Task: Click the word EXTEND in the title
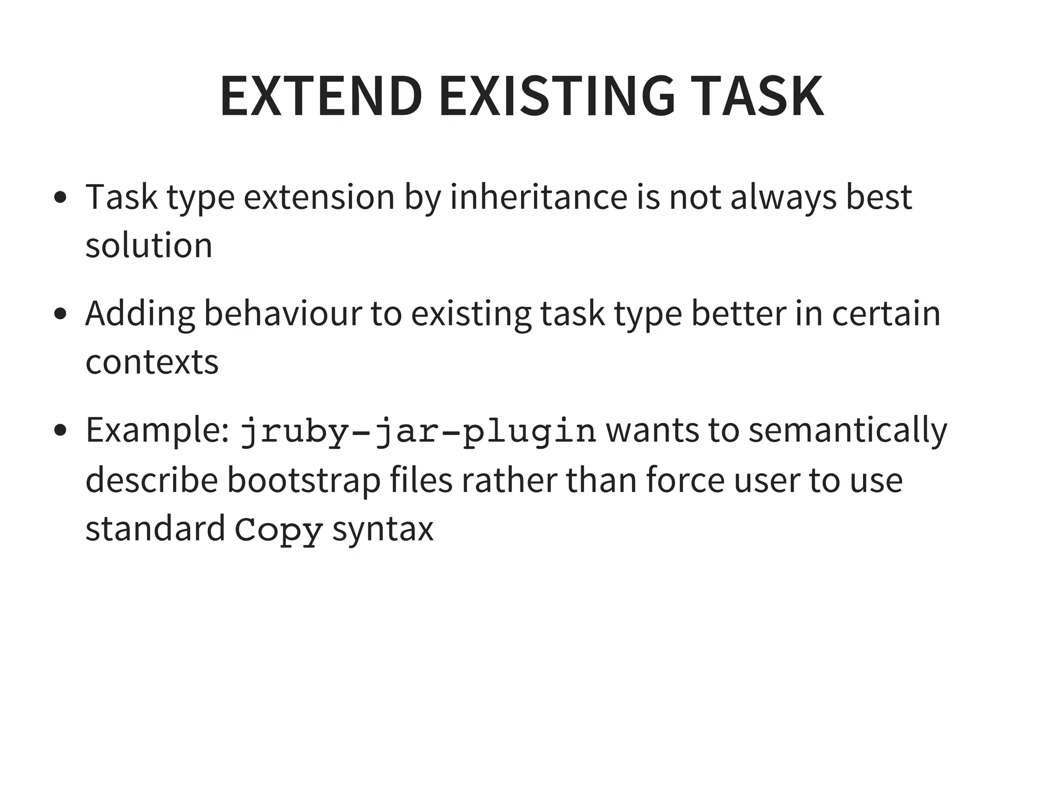[321, 96]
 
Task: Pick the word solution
[149, 245]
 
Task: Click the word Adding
[140, 313]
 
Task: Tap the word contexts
[152, 362]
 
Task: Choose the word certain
[886, 313]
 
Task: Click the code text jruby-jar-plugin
[418, 431]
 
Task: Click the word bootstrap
[304, 480]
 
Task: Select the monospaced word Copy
[279, 529]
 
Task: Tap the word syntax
[383, 529]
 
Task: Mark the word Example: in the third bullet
[157, 431]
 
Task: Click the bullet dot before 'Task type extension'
[60, 197]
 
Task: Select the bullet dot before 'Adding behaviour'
[60, 314]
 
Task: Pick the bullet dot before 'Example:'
[60, 430]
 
